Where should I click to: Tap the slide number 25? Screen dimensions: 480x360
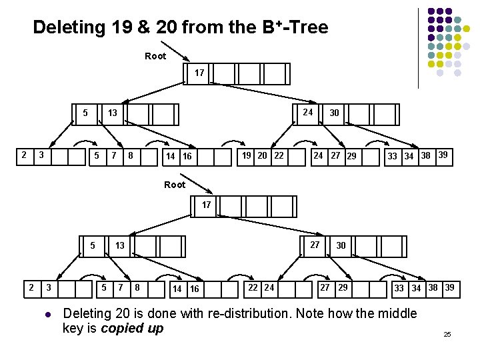[447, 333]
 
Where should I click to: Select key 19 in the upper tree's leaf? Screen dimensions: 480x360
[247, 156]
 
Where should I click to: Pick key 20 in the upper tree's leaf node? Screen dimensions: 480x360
[263, 156]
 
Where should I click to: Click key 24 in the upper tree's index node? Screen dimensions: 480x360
[308, 112]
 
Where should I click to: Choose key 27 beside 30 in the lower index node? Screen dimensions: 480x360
[315, 245]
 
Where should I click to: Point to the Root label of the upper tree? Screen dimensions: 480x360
[155, 57]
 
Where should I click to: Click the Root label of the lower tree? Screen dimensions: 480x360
[175, 185]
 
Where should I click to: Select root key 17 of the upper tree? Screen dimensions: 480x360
[199, 73]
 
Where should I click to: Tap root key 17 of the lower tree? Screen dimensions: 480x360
[206, 205]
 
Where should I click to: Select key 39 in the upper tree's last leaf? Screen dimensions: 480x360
[443, 155]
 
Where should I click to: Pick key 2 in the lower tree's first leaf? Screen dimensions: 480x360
[31, 287]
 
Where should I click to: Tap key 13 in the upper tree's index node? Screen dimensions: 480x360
[113, 113]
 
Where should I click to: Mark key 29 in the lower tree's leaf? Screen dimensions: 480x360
[343, 287]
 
